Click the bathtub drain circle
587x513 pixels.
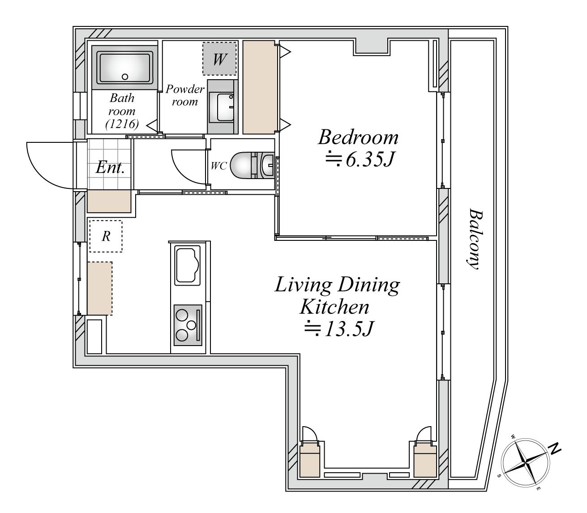point(125,77)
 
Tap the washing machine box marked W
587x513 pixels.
point(219,59)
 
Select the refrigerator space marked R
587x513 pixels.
point(106,236)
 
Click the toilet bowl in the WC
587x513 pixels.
point(241,165)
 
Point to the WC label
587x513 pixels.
point(219,166)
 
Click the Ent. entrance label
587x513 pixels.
point(110,167)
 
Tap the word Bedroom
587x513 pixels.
point(358,137)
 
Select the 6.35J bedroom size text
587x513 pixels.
point(359,159)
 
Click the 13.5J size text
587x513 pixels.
point(339,328)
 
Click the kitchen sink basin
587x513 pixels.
point(187,265)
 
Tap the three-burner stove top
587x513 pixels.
point(188,325)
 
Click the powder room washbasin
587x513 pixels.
point(225,107)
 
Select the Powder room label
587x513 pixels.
point(185,95)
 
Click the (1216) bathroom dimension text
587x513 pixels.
point(122,124)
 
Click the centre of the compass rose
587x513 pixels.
point(526,462)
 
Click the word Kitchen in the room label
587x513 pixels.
point(335,307)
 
